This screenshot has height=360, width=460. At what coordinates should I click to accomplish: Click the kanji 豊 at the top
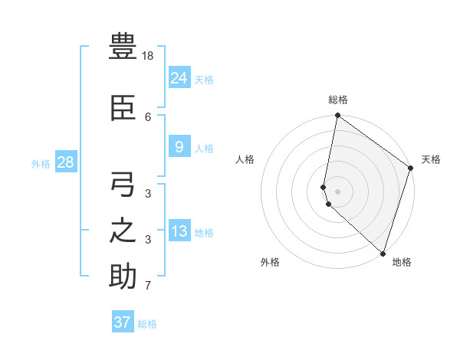pyautogui.click(x=123, y=47)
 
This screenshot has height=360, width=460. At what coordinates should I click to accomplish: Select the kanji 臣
pyautogui.click(x=123, y=109)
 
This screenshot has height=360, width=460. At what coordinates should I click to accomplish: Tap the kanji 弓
pyautogui.click(x=123, y=185)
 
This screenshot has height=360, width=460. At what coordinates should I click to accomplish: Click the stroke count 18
pyautogui.click(x=149, y=56)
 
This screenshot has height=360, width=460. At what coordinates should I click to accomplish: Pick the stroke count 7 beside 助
pyautogui.click(x=148, y=286)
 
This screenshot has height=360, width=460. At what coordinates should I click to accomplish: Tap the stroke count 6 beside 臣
pyautogui.click(x=148, y=117)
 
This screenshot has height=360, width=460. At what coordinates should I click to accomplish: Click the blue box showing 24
pyautogui.click(x=179, y=77)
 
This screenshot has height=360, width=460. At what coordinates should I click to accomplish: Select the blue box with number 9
pyautogui.click(x=179, y=147)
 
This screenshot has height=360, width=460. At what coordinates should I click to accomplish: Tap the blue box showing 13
pyautogui.click(x=179, y=231)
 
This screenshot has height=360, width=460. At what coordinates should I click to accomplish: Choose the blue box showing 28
pyautogui.click(x=65, y=162)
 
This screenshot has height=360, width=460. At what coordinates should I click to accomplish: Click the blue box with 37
pyautogui.click(x=123, y=322)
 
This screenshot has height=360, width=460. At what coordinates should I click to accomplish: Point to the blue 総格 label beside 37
pyautogui.click(x=147, y=324)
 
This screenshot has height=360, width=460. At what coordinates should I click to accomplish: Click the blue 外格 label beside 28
pyautogui.click(x=41, y=164)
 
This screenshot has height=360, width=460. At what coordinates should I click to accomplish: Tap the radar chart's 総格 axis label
pyautogui.click(x=338, y=100)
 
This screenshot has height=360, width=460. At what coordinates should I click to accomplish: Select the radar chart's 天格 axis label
pyautogui.click(x=431, y=159)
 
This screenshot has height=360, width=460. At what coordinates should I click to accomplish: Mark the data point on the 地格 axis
pyautogui.click(x=383, y=253)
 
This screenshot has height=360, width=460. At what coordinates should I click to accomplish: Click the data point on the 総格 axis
pyautogui.click(x=337, y=116)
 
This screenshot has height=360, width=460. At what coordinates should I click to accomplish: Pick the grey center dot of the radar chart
pyautogui.click(x=337, y=190)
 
